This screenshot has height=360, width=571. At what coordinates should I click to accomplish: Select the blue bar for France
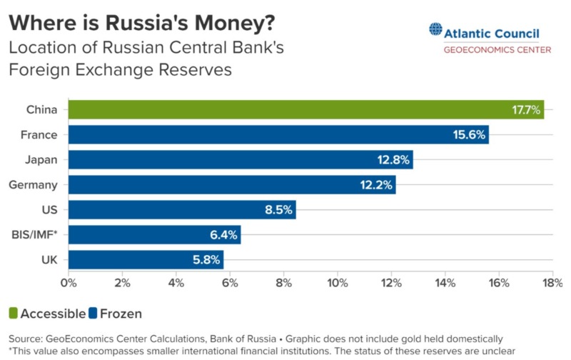click(278, 134)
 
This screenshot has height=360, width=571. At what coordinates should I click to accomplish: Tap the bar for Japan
click(241, 159)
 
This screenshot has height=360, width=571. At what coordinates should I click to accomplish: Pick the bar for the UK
click(146, 259)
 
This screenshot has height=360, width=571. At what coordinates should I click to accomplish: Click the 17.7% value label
click(527, 110)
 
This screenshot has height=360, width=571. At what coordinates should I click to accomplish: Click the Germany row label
click(33, 185)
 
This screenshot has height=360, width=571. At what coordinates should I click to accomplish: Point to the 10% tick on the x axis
click(338, 282)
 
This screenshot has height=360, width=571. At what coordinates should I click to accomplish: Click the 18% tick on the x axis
click(552, 282)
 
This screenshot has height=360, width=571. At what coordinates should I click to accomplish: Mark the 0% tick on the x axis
click(69, 282)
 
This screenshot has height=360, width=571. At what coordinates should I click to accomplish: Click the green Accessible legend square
click(13, 314)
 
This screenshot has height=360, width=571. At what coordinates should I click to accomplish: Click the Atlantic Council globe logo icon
click(435, 30)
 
